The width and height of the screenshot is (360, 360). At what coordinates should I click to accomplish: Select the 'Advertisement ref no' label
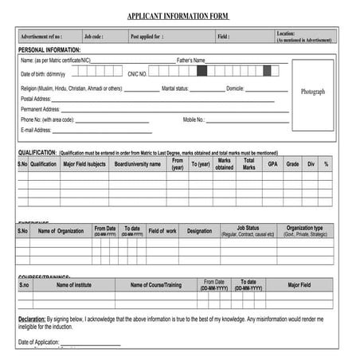tap(41, 37)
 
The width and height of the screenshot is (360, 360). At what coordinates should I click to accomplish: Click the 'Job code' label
tap(94, 37)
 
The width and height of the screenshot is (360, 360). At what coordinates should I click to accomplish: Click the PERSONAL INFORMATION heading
tap(49, 50)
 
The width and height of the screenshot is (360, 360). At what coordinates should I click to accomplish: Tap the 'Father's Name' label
tap(190, 61)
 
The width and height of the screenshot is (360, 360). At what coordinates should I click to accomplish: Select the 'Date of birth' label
tap(41, 74)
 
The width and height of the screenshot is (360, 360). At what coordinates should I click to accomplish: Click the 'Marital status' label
tap(175, 88)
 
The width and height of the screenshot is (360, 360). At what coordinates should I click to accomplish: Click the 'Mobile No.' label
tap(194, 119)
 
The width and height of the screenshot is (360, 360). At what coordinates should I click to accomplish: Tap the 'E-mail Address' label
tap(37, 130)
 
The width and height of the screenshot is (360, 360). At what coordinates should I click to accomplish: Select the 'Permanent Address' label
tap(41, 109)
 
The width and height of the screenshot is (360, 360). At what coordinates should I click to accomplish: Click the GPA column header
tap(272, 164)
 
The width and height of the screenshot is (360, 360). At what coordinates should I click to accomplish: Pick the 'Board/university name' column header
tap(138, 164)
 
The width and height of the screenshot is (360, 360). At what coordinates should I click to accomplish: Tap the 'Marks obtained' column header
tap(224, 164)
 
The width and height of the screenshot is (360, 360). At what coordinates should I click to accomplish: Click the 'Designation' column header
tap(199, 231)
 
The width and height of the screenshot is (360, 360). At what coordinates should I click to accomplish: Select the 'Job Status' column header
tap(248, 228)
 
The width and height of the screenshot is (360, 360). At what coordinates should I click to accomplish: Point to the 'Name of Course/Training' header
tap(156, 284)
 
